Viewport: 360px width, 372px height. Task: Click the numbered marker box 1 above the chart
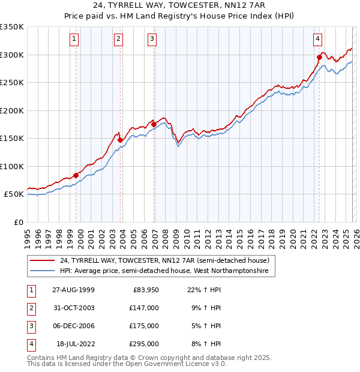point(74,40)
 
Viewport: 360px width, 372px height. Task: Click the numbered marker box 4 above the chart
point(317,40)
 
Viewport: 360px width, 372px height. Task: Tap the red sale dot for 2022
point(319,58)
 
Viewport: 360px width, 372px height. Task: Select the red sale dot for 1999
point(76,175)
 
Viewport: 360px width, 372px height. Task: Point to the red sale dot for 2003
point(121,140)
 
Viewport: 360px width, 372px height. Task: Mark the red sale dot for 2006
point(154,124)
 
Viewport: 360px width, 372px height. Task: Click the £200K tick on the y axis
point(11,110)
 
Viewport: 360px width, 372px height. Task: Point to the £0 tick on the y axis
point(18,222)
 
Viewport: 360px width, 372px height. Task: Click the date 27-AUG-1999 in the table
point(73,290)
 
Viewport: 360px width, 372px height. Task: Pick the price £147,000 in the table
point(143,308)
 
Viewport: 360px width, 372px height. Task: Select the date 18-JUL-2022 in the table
point(74,344)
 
